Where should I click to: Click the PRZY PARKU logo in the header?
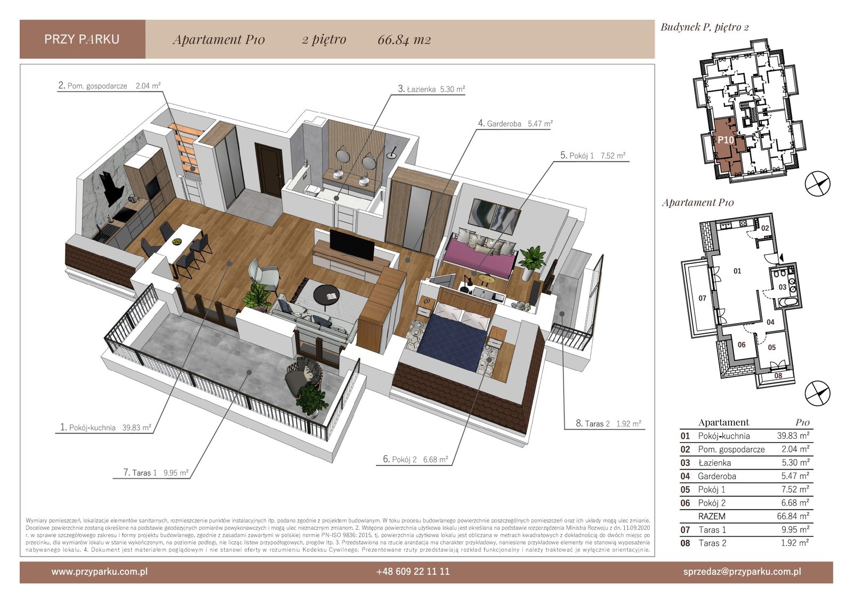click(x=82, y=39)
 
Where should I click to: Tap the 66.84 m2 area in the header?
click(x=404, y=39)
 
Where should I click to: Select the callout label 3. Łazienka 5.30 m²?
click(x=431, y=89)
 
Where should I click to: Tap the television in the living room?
click(x=351, y=244)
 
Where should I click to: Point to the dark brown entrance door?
click(x=269, y=170)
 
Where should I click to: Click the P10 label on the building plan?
click(x=726, y=140)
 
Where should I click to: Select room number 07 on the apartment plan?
click(x=702, y=298)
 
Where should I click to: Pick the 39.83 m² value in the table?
click(x=793, y=436)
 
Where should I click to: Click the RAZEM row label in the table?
click(x=711, y=516)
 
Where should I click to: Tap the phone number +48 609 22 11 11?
click(x=413, y=572)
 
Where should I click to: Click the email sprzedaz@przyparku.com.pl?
click(x=742, y=572)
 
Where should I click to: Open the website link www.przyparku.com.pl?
click(x=99, y=572)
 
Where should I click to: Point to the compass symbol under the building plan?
click(x=817, y=184)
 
